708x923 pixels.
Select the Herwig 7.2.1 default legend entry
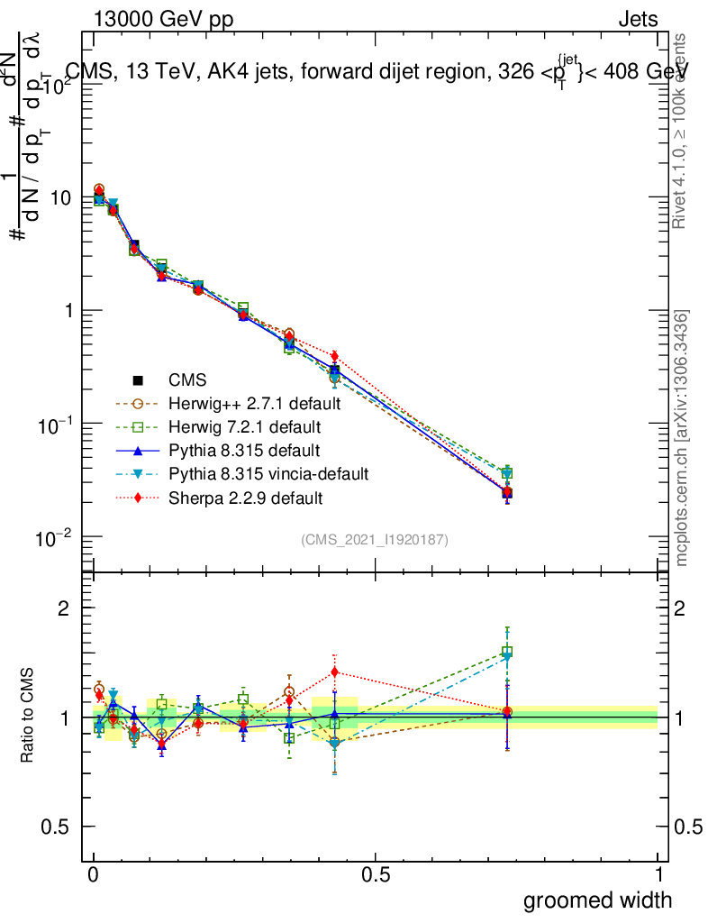245,426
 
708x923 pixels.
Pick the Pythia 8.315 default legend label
244,450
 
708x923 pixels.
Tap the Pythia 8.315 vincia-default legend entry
268,473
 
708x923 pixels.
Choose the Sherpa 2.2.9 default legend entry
245,497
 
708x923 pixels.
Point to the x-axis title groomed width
597,899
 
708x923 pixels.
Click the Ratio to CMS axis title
29,717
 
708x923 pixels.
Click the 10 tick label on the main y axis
61,197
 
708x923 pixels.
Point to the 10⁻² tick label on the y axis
56,538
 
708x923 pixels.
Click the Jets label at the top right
638,19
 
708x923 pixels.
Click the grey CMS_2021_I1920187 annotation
375,539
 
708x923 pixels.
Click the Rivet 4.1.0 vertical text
683,131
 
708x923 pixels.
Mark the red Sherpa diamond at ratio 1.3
335,672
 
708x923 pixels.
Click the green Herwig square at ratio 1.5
507,652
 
